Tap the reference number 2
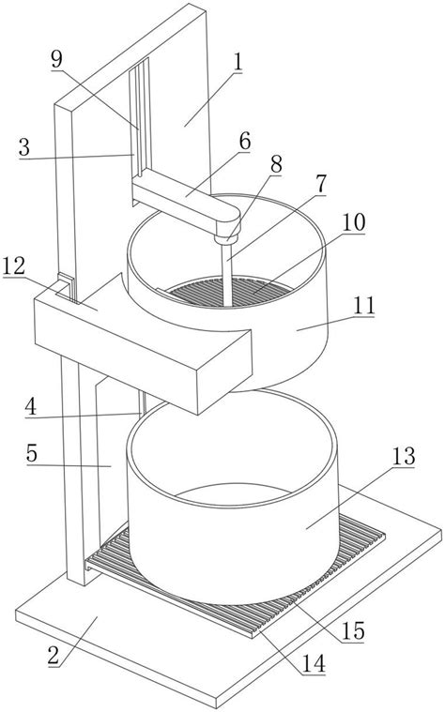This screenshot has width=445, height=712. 54,656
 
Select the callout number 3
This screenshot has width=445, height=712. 24,147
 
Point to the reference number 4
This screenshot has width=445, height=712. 30,407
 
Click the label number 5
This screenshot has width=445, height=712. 31,453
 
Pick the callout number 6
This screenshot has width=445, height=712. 245,142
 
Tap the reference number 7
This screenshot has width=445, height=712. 321,184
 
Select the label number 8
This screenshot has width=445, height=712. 276,164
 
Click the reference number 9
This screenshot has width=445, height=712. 57,59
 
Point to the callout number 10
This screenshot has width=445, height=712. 354,222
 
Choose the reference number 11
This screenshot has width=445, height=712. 364,306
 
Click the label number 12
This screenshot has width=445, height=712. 14,266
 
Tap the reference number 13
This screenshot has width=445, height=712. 404,456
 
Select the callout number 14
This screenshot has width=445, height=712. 315,663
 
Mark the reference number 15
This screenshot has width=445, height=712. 353,631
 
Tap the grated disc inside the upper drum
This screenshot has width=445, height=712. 230,292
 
